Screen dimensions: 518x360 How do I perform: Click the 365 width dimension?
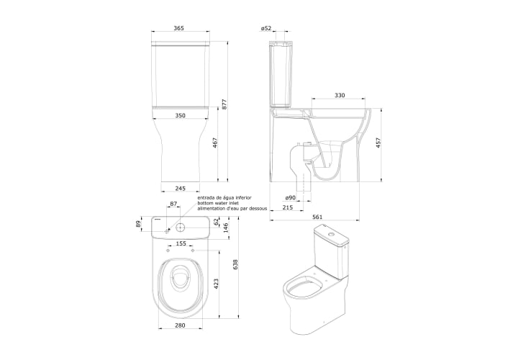click(178, 28)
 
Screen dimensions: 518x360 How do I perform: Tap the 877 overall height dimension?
click(224, 105)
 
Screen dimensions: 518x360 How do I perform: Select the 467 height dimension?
click(214, 143)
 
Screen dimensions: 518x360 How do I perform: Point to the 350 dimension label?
click(181, 115)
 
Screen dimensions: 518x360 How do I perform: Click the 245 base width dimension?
click(181, 189)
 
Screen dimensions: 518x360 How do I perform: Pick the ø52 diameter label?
click(266, 28)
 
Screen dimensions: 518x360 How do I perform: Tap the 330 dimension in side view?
click(340, 95)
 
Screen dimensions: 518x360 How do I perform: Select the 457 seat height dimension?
click(378, 143)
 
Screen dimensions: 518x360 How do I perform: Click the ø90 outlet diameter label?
click(290, 197)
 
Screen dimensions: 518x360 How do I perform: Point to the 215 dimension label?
click(288, 207)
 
